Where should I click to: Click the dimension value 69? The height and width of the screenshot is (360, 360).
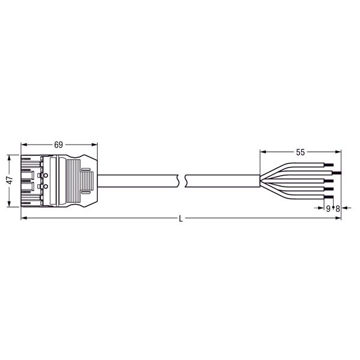click(59, 145)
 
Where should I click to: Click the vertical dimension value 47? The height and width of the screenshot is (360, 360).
click(10, 181)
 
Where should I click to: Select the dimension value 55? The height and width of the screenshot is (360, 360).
click(301, 152)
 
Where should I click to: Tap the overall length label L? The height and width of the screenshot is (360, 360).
click(181, 219)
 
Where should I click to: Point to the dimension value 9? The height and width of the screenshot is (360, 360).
click(328, 209)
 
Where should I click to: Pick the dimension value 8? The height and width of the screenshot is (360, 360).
click(337, 209)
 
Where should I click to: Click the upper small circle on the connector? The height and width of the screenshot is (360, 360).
click(46, 176)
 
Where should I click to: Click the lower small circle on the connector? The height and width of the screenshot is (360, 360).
click(46, 187)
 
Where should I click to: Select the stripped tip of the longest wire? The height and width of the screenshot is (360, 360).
click(337, 173)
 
